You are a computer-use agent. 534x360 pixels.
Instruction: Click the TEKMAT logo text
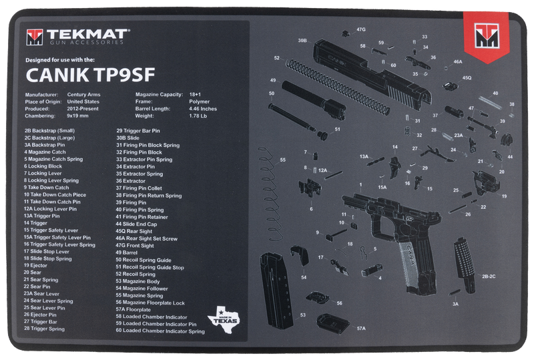87,33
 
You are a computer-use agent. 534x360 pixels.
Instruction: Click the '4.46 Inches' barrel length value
203,108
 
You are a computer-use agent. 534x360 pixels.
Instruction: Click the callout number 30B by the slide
302,41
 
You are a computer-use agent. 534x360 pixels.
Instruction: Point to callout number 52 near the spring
276,58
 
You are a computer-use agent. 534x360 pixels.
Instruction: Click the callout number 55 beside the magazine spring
283,160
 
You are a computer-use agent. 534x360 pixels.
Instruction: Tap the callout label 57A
361,329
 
